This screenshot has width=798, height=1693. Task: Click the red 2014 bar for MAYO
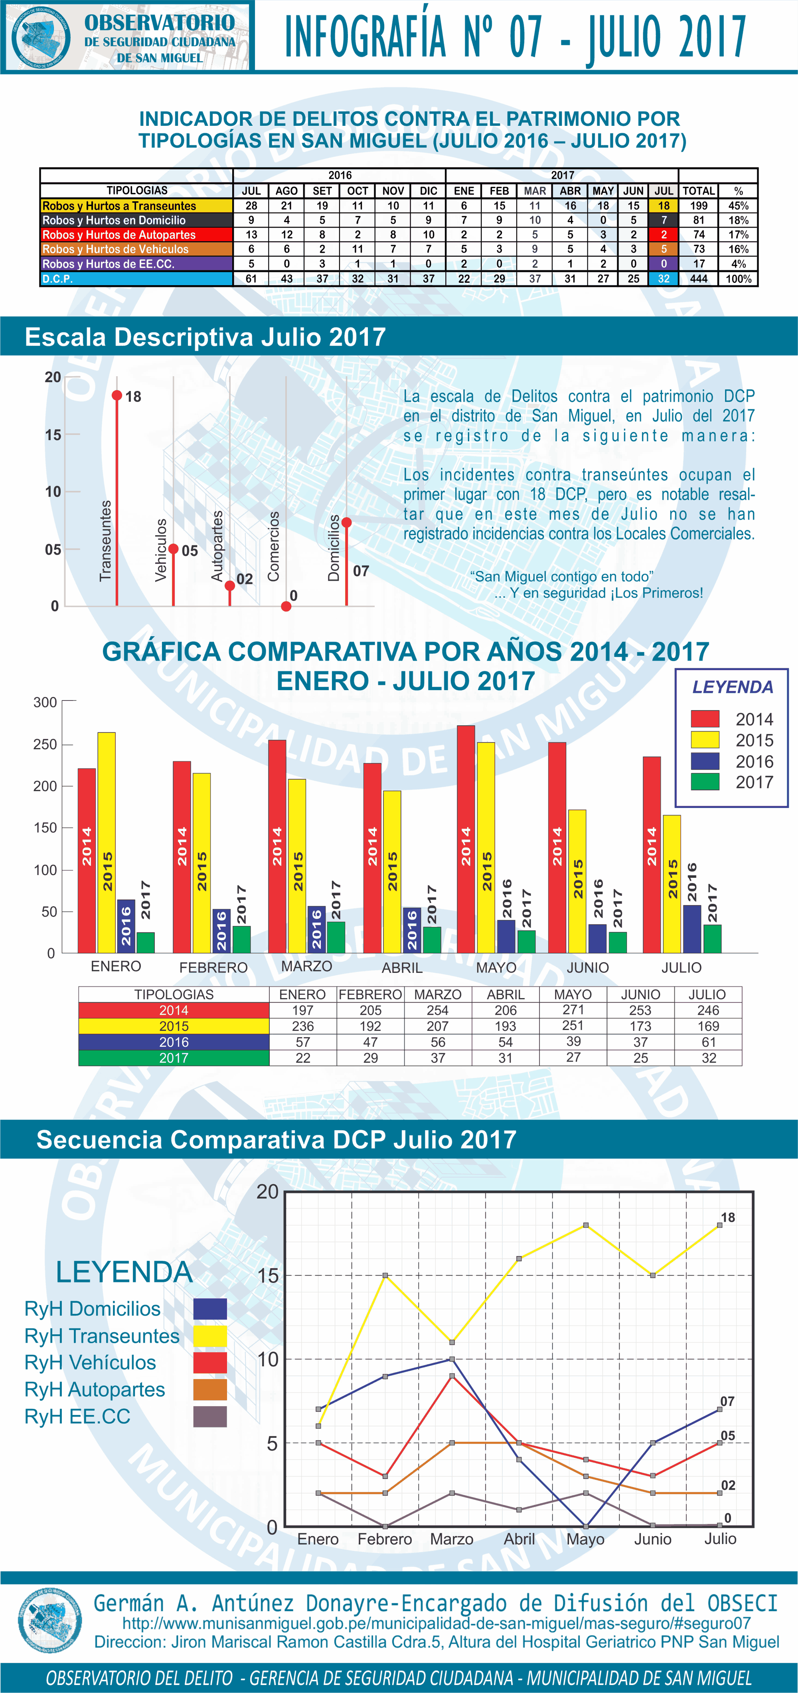(466, 839)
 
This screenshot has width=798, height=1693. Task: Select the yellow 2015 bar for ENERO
(107, 843)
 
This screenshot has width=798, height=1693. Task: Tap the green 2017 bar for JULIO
(712, 939)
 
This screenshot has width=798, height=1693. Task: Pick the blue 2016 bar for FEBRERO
(221, 931)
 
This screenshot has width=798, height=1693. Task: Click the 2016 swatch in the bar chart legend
(705, 761)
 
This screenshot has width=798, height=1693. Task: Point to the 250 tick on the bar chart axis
(45, 744)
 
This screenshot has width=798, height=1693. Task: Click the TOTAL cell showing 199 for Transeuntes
(698, 206)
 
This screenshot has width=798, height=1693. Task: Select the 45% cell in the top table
(738, 206)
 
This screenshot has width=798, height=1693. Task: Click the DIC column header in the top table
(428, 191)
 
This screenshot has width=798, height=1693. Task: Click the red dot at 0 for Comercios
(286, 606)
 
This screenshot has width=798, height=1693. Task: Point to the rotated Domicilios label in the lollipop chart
(334, 548)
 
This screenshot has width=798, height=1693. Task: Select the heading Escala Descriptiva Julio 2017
(205, 337)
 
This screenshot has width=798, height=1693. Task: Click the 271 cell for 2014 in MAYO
(573, 1010)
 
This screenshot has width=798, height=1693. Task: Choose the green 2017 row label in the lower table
(174, 1058)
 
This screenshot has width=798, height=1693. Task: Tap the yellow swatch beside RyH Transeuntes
(210, 1336)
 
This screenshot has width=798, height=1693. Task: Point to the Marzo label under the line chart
(452, 1539)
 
